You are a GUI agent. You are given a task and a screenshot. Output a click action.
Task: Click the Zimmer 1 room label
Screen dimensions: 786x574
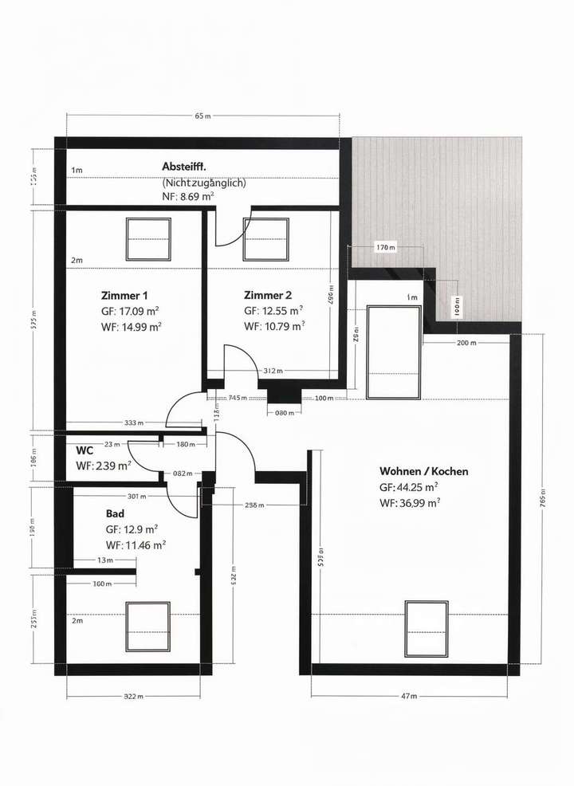124,294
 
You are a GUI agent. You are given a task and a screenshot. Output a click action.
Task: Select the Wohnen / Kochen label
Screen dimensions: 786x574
423,471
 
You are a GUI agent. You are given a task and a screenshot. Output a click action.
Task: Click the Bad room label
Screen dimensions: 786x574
115,514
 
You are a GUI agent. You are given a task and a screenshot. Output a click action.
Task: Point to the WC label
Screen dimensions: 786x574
85,451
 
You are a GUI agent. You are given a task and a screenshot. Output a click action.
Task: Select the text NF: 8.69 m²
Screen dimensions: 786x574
187,195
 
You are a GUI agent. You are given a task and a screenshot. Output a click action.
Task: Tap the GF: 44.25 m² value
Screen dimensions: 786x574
409,486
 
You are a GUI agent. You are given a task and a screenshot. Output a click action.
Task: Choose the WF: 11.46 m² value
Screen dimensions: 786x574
136,545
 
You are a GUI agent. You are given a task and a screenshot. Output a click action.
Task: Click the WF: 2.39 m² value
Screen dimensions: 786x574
103,466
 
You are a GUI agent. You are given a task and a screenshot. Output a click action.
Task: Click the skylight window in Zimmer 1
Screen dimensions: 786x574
148,239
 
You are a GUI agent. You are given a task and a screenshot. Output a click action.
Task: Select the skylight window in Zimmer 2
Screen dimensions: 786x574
265,239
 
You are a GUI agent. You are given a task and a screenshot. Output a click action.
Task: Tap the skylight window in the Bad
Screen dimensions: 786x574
148,626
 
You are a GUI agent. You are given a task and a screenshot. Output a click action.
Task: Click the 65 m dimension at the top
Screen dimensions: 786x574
202,116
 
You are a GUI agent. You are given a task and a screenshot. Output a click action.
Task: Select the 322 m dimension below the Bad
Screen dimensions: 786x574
133,696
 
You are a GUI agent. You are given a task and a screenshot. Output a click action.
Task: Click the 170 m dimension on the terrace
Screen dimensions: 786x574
384,248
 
